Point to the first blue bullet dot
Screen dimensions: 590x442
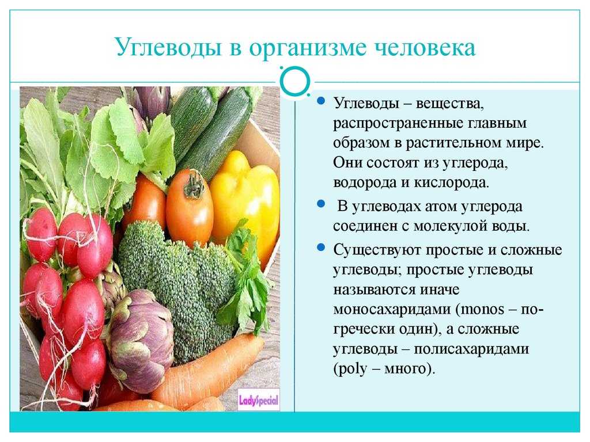[321, 100]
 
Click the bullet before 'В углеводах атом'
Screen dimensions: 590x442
[321, 204]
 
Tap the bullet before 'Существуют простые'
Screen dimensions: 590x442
[321, 247]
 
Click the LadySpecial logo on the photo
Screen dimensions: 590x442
[259, 401]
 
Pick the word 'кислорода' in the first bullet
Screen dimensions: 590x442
[451, 182]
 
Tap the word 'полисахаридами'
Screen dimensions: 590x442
[471, 349]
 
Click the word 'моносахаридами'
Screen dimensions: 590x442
[392, 309]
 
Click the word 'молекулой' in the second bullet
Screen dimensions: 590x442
[450, 226]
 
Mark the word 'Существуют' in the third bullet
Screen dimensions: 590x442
[377, 250]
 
